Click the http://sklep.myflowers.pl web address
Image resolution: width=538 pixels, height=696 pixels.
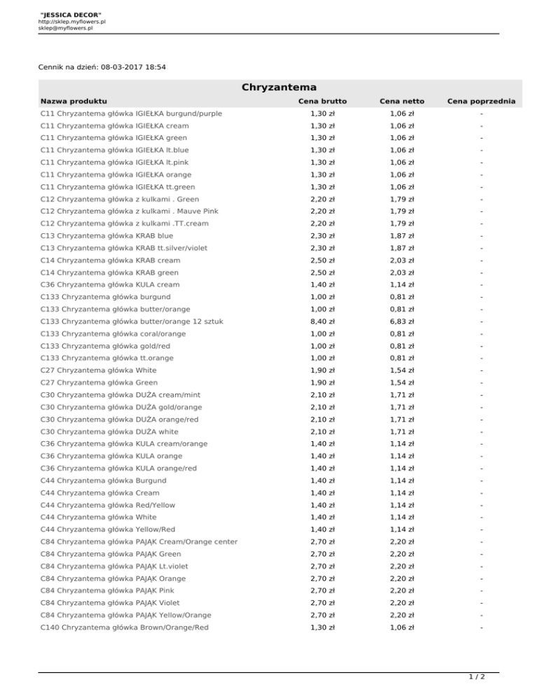[71, 22]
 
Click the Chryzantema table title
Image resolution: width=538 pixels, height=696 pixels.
[279, 88]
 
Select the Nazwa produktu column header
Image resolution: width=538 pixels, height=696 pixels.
[74, 102]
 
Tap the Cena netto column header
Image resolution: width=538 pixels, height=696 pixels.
[401, 102]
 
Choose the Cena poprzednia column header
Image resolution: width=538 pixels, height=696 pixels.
[483, 102]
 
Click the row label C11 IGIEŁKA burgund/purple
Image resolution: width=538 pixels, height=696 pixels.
[131, 113]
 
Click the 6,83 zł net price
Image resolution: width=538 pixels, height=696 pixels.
[401, 321]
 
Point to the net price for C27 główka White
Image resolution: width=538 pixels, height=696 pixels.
[401, 370]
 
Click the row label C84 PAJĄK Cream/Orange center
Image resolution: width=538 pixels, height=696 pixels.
[139, 541]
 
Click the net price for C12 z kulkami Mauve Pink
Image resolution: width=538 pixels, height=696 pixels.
[401, 211]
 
